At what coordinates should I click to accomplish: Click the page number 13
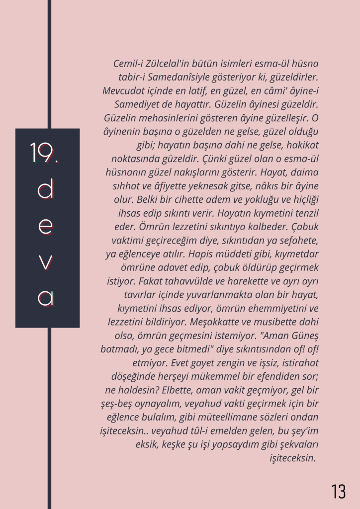[338, 491]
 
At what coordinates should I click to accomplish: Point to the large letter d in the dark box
[46, 190]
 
